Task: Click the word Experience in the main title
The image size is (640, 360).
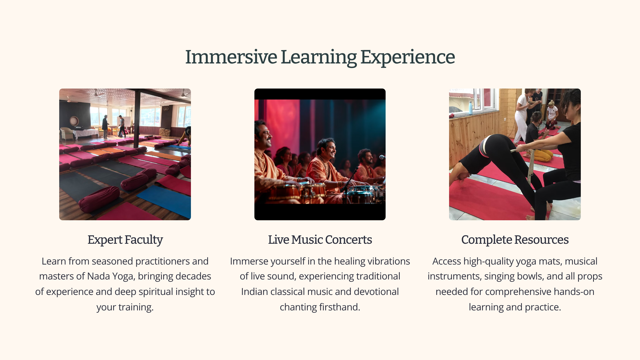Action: coord(408,57)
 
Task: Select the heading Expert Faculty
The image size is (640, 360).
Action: coord(125,240)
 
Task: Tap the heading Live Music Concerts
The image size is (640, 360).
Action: coord(320,239)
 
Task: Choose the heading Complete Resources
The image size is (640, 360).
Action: coord(515,240)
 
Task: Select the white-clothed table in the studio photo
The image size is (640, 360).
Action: coord(86,133)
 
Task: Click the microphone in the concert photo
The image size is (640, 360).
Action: coord(382,157)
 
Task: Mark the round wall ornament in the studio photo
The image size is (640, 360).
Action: coord(74,121)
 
